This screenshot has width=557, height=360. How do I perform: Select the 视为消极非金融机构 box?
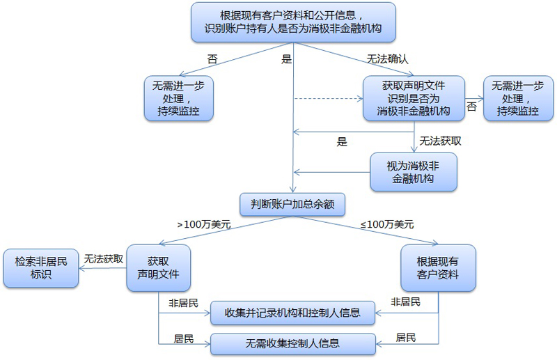pos(413,171)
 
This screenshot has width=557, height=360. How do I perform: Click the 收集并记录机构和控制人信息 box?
pos(293,313)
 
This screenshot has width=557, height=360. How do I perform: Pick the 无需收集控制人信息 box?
pos(293,343)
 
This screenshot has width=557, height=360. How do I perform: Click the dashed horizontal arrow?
pos(327,98)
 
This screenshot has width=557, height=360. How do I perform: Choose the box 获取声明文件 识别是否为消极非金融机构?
pos(414,97)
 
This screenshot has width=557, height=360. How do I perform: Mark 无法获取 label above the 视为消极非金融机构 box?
pos(440,141)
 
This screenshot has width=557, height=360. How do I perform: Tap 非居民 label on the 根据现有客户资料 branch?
pos(405,302)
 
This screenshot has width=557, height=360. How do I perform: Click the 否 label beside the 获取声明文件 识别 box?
pos(472,107)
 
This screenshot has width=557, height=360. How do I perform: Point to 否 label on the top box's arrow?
pos(212,59)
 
